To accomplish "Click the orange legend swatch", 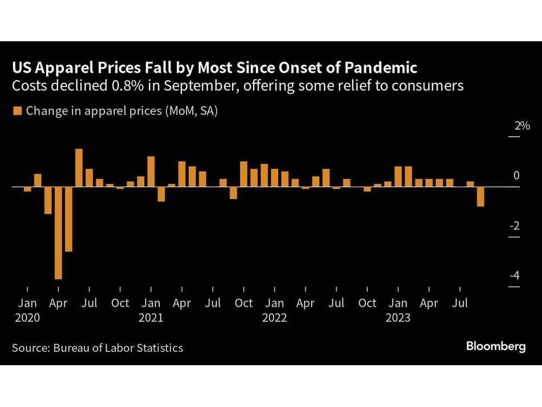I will pyautogui.click(x=17, y=111).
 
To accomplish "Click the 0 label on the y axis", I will pyautogui.click(x=516, y=175).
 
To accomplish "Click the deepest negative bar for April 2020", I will pyautogui.click(x=58, y=233).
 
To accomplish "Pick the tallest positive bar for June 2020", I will pyautogui.click(x=79, y=168).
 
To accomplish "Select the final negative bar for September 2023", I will pyautogui.click(x=480, y=196).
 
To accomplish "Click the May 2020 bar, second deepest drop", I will pyautogui.click(x=68, y=219).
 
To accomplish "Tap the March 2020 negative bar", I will pyautogui.click(x=48, y=200).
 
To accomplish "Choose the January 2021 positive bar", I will pyautogui.click(x=151, y=171).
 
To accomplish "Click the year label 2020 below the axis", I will pyautogui.click(x=27, y=318).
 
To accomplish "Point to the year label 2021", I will pyautogui.click(x=151, y=318).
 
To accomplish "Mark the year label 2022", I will pyautogui.click(x=274, y=318).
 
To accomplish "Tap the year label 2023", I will pyautogui.click(x=398, y=318).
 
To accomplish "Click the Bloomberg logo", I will pyautogui.click(x=495, y=347).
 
